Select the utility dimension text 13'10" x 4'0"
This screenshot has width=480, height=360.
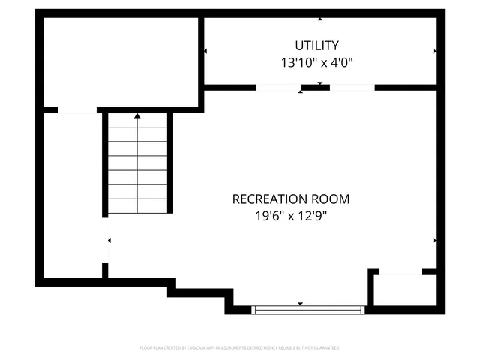[317, 64]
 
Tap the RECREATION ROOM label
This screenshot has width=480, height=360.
[290, 199]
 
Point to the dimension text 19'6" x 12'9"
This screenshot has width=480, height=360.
[290, 217]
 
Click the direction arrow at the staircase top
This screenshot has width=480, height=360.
[137, 116]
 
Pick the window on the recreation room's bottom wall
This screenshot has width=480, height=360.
[307, 309]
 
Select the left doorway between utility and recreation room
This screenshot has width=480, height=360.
[278, 88]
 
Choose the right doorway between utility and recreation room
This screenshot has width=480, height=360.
[352, 88]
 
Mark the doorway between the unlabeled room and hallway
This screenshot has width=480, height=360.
[77, 111]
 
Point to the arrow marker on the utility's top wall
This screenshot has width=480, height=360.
[320, 18]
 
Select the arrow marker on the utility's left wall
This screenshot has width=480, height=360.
[205, 51]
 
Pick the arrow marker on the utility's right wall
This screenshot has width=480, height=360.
[434, 51]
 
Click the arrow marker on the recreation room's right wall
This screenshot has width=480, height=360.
[434, 241]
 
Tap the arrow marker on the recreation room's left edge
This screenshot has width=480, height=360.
[109, 241]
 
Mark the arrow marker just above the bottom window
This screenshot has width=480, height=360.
[301, 303]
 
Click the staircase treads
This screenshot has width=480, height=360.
[137, 169]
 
